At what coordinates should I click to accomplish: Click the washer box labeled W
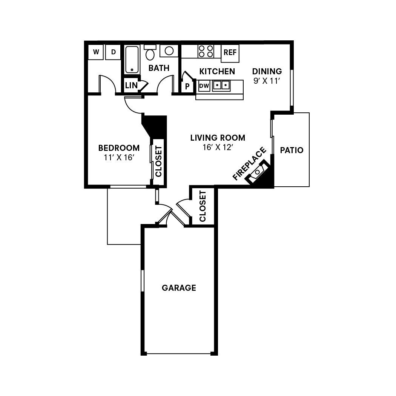point(96,52)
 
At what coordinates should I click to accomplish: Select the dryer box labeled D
point(113,52)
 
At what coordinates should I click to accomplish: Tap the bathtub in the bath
point(132,59)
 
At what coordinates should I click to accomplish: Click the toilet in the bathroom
point(150,53)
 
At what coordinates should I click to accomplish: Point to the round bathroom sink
point(169,51)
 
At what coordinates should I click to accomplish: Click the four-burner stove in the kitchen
point(206,51)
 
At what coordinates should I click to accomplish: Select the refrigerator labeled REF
point(230,52)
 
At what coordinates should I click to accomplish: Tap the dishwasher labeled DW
point(204,86)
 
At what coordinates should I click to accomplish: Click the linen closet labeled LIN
point(131,85)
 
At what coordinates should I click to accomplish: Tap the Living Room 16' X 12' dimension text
point(218,147)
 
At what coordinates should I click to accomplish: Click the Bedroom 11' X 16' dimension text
point(119,158)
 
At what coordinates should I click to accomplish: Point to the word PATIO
point(292,150)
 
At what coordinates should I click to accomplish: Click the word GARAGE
point(179,288)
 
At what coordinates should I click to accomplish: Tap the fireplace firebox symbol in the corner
point(258,172)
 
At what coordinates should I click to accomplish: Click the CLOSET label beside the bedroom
point(158,161)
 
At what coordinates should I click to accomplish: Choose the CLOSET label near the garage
point(203,206)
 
